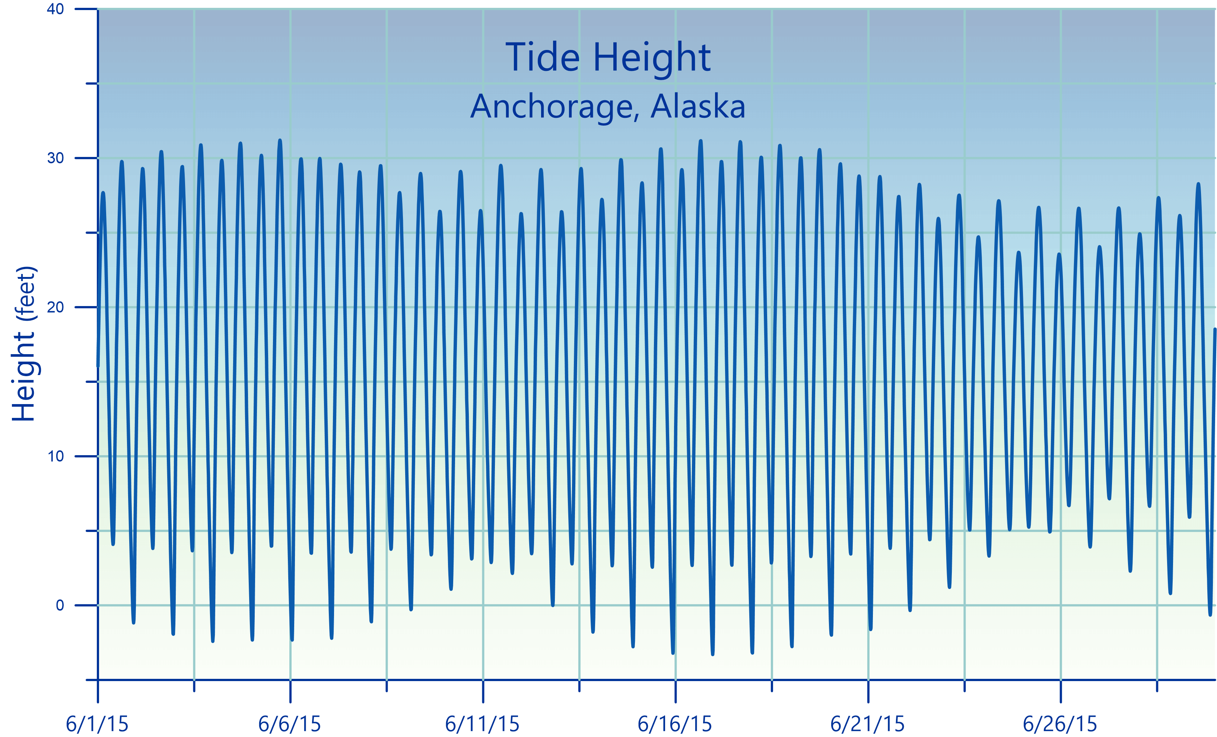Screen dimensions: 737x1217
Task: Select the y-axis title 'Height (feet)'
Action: point(24,344)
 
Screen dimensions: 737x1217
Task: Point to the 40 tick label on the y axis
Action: point(55,9)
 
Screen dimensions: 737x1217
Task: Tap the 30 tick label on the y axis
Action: point(55,158)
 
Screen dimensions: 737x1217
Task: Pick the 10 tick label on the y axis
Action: point(55,456)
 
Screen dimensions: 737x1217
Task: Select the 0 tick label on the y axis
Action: point(60,605)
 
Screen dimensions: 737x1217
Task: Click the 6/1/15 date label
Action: point(97,724)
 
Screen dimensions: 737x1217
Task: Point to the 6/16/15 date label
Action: point(675,724)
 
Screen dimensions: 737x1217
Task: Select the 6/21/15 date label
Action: point(867,724)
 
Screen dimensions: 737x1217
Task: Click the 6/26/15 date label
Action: point(1060,724)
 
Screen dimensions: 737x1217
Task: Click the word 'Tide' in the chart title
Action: point(542,57)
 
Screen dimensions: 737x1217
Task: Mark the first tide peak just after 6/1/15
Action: point(103,193)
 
